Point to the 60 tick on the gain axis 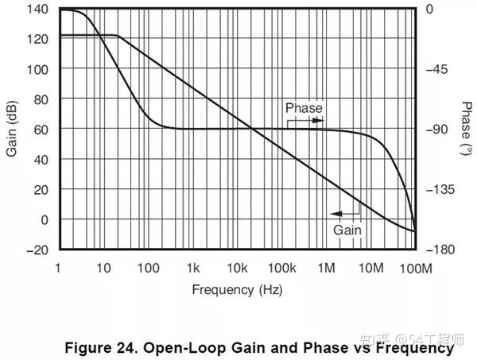40,130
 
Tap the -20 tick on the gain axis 37,250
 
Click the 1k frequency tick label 193,269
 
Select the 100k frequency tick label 281,269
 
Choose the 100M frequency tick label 416,269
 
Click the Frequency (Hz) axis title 236,289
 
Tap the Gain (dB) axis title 12,130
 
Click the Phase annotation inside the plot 304,108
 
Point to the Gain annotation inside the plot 347,230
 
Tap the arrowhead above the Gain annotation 335,214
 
